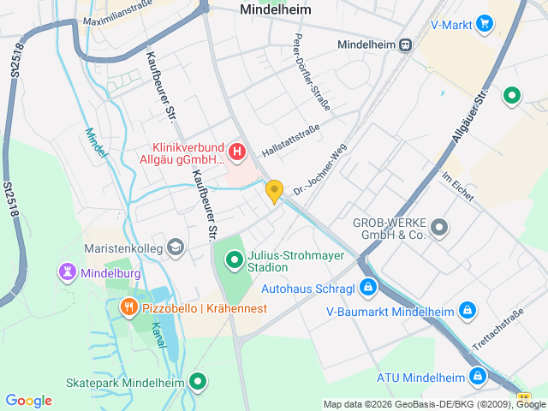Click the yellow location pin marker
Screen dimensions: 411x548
click(x=274, y=191)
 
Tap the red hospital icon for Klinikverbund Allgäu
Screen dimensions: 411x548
click(x=237, y=153)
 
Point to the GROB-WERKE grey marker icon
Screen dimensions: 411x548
click(x=439, y=227)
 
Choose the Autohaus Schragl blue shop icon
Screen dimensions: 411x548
click(x=367, y=287)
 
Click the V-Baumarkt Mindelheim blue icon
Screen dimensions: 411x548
click(x=468, y=309)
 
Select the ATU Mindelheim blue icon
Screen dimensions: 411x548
click(x=477, y=376)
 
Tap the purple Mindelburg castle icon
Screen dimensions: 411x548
click(x=67, y=272)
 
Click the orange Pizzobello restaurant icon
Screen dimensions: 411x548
click(x=128, y=307)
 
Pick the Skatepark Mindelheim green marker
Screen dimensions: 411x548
click(x=199, y=381)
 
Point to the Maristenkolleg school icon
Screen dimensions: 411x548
click(x=176, y=247)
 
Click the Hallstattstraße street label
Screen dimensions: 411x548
click(x=290, y=140)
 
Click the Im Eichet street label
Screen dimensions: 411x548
click(x=457, y=188)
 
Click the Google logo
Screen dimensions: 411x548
click(x=28, y=401)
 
